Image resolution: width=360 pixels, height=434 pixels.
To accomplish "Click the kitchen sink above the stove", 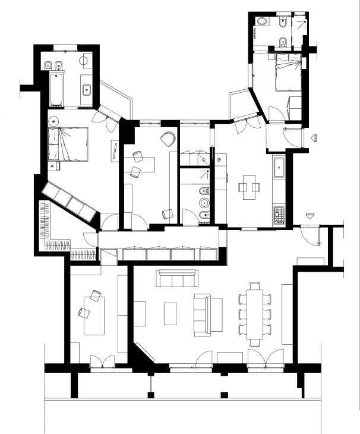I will point(279,168).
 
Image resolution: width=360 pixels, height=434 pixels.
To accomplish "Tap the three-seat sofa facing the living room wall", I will point(175,278).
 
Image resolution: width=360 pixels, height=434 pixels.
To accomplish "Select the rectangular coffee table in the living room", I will point(170,314).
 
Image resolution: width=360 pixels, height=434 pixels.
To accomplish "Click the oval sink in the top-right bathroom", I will point(263,21).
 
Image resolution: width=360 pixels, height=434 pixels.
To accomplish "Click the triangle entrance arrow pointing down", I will point(310,215).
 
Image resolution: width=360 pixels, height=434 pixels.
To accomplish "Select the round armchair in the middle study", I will point(168,139).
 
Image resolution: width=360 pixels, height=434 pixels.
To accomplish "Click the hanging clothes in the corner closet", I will point(45,220).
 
